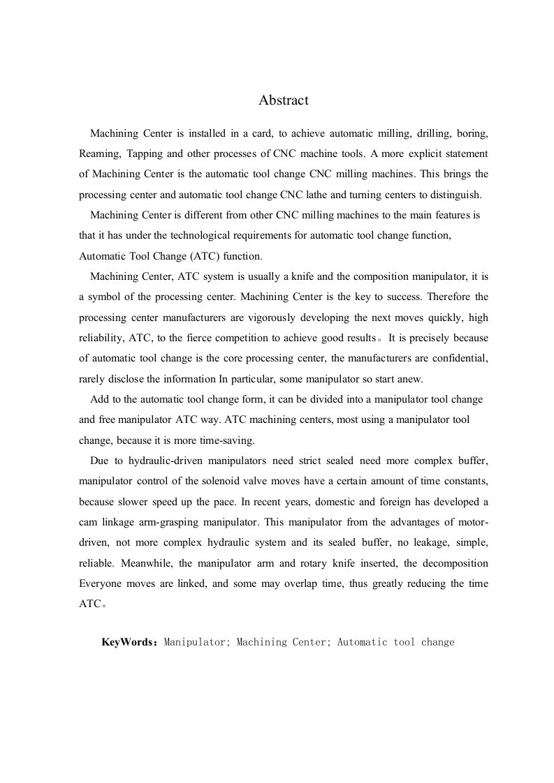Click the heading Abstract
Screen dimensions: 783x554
click(x=283, y=100)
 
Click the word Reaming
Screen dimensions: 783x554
click(x=98, y=153)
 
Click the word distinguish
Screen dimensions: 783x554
click(x=453, y=195)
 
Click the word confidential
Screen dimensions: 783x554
click(x=457, y=359)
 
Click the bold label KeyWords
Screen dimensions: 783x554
click(x=130, y=642)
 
